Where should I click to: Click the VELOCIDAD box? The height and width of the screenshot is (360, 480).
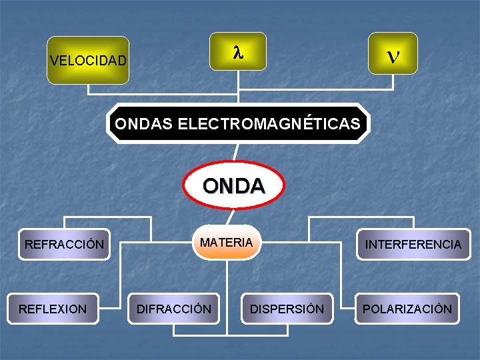point(88,60)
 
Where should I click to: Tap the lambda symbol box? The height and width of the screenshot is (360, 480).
point(237,52)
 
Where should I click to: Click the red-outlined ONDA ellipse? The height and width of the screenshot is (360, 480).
point(233,185)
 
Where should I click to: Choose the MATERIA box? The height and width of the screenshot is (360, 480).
point(227,243)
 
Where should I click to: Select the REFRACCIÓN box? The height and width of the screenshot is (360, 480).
point(64,245)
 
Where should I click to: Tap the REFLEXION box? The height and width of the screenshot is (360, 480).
point(53,309)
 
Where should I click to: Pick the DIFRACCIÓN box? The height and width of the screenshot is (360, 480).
point(174,309)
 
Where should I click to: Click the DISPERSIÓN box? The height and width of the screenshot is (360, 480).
point(287,309)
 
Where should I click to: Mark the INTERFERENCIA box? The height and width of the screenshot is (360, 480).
point(413,245)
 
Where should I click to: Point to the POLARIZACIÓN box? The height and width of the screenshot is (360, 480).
point(407,309)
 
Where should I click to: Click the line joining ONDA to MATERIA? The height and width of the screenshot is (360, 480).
point(230,217)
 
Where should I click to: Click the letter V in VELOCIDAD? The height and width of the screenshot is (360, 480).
point(53,61)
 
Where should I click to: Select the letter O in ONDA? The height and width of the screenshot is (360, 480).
point(209,186)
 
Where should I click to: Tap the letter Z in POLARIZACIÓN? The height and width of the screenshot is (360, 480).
point(420,309)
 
